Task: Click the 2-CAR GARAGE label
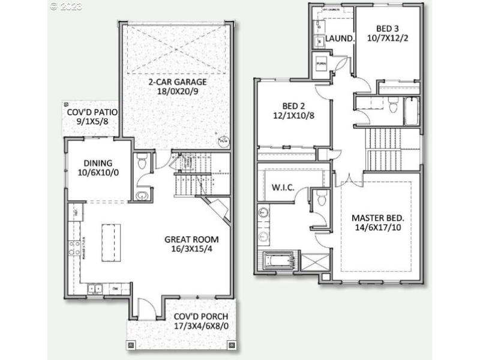(178, 82)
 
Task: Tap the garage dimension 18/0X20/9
(178, 92)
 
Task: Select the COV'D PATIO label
(92, 112)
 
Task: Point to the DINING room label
(98, 162)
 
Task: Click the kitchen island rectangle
(111, 242)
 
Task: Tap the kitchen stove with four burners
(75, 247)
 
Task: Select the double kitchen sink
(95, 289)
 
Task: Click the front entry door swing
(146, 308)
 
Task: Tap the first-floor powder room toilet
(142, 161)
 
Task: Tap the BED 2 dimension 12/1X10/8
(294, 116)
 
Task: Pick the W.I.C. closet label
(283, 188)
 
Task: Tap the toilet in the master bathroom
(321, 197)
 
